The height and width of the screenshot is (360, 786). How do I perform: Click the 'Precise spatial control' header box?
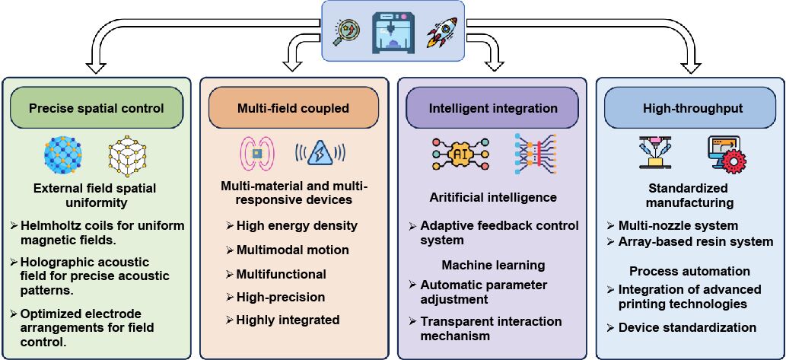coord(96,108)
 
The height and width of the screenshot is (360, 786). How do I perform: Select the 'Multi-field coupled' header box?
coord(293,108)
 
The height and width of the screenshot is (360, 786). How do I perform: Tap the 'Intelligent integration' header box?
coord(493,108)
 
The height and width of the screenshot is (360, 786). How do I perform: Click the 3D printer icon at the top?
coord(393,31)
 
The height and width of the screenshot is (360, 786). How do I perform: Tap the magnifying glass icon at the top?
coord(346,30)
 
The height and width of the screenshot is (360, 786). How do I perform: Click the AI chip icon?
coord(460,152)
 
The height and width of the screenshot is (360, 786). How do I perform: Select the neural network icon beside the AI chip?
coord(535,152)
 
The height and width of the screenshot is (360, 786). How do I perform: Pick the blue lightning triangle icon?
coord(317,151)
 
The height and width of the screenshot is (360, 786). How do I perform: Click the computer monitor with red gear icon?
coord(726,154)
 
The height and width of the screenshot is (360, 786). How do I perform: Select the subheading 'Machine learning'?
coord(493,265)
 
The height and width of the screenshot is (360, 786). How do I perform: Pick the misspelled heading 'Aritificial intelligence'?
coord(493,197)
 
